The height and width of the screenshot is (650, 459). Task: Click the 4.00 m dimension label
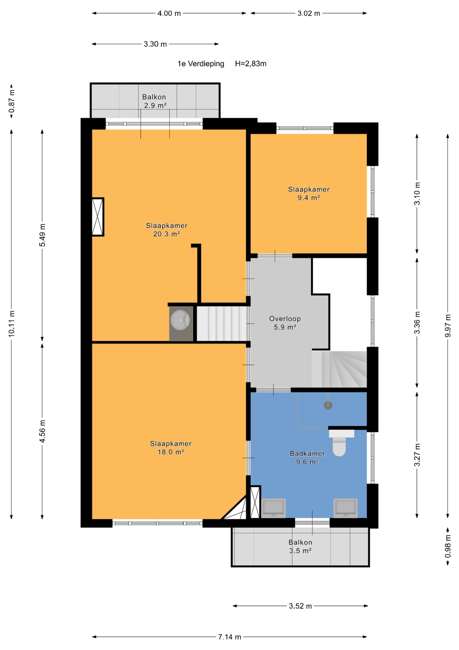169,13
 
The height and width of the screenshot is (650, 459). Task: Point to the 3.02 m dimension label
309,13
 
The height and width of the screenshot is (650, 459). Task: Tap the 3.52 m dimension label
300,606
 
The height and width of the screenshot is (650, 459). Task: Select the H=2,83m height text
251,64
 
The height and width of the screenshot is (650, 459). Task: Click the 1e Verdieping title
201,64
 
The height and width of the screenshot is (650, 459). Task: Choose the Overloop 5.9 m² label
285,323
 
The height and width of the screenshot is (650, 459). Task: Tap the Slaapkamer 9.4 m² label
309,193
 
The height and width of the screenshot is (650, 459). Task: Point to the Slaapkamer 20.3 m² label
167,230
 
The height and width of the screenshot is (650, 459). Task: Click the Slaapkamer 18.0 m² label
171,448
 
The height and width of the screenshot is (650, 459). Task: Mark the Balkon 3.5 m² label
300,546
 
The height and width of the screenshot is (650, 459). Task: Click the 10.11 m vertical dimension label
11,324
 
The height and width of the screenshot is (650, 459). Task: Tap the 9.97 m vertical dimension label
448,326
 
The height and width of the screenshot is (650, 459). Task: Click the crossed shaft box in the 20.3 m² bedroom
98,217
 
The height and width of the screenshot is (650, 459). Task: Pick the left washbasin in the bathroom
273,508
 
